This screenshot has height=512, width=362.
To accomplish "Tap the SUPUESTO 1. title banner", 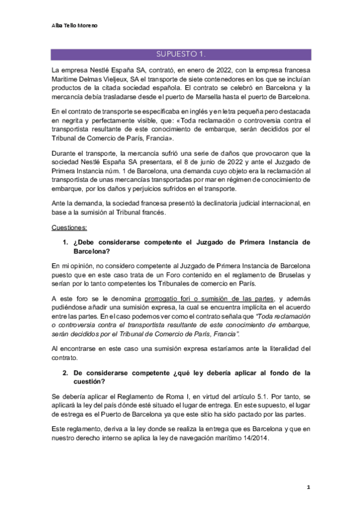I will tap(181, 54).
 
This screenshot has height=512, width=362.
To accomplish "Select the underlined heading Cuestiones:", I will tap(69, 228).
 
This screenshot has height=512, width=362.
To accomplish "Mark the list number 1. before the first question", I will tap(66, 242).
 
